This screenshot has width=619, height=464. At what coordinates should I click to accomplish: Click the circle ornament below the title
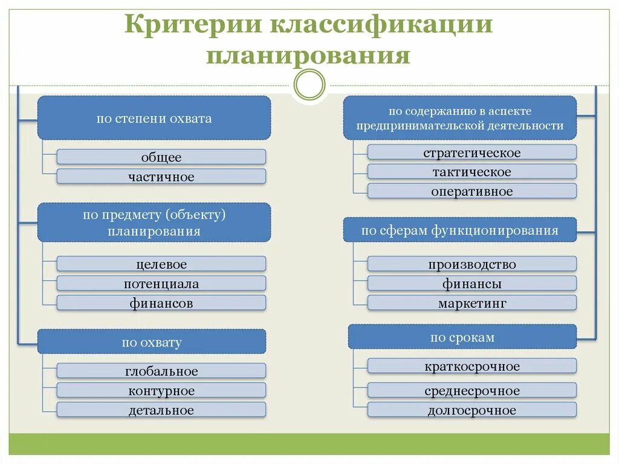pyautogui.click(x=309, y=84)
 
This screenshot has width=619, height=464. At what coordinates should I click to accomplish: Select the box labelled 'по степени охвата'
pyautogui.click(x=154, y=118)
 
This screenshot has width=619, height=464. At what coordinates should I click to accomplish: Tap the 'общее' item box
pyautogui.click(x=161, y=157)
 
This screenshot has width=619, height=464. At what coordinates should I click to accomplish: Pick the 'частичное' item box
pyautogui.click(x=161, y=177)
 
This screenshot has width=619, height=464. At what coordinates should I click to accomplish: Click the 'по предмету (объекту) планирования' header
pyautogui.click(x=154, y=223)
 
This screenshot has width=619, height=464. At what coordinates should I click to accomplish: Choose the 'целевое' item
pyautogui.click(x=161, y=264)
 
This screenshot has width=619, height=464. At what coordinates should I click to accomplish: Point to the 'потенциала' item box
pyautogui.click(x=161, y=283)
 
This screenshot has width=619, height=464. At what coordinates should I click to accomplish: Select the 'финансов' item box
pyautogui.click(x=161, y=303)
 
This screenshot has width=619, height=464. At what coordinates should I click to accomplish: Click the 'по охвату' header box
pyautogui.click(x=152, y=342)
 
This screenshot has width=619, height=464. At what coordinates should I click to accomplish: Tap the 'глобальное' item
pyautogui.click(x=161, y=371)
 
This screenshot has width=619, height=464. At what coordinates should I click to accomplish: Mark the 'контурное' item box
pyautogui.click(x=161, y=390)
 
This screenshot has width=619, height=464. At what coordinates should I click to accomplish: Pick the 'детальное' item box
pyautogui.click(x=161, y=410)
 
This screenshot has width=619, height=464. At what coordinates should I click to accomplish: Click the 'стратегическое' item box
pyautogui.click(x=472, y=152)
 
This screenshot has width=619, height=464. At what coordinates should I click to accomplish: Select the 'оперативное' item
pyautogui.click(x=472, y=191)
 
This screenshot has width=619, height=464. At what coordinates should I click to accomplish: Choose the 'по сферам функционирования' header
pyautogui.click(x=460, y=230)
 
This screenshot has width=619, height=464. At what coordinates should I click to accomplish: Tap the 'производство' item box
pyautogui.click(x=472, y=264)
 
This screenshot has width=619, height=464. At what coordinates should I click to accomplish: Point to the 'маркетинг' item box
pyautogui.click(x=472, y=303)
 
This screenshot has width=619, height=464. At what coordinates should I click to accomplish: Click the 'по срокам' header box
pyautogui.click(x=462, y=337)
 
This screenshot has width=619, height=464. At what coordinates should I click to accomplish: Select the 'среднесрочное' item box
pyautogui.click(x=472, y=390)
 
